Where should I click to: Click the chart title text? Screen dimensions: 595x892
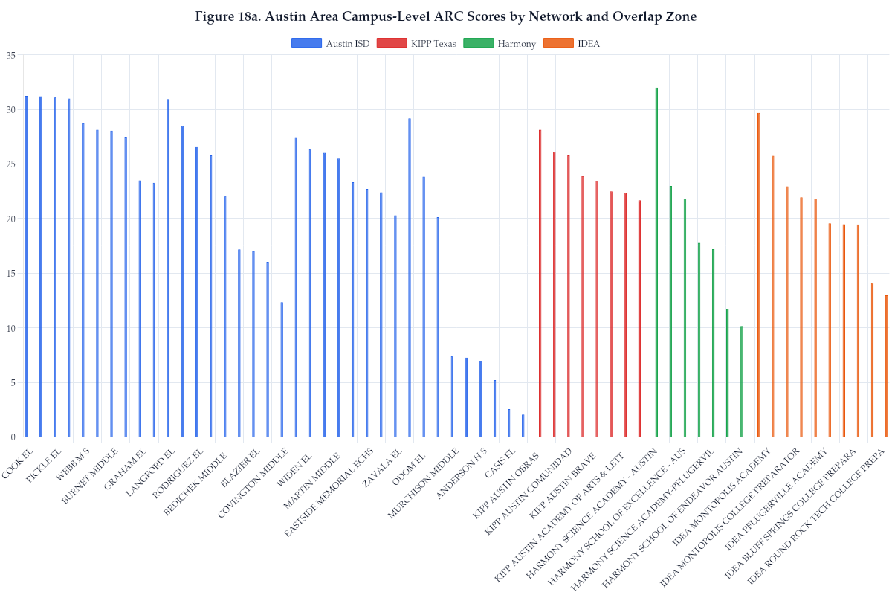click(x=446, y=16)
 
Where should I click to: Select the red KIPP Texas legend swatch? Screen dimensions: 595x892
click(x=392, y=43)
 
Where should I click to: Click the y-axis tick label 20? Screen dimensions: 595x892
click(x=10, y=219)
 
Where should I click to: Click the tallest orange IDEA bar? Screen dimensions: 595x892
click(x=758, y=274)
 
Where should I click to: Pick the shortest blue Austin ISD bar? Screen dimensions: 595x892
click(x=523, y=425)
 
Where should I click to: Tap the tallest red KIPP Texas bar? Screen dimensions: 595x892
click(x=540, y=283)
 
